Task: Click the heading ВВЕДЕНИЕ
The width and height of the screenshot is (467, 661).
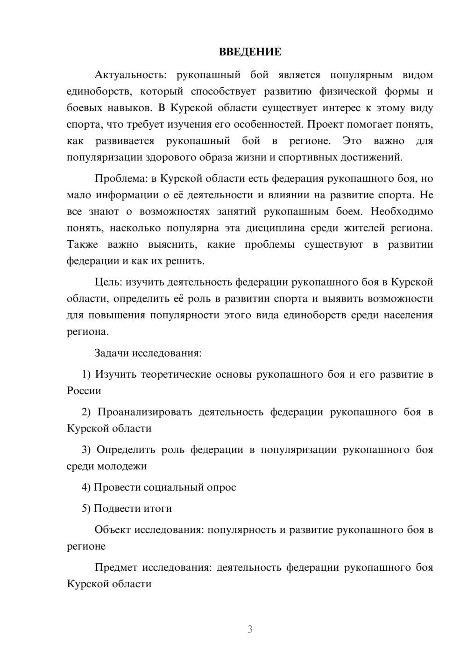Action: (250, 52)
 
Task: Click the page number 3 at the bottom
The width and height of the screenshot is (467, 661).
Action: (250, 629)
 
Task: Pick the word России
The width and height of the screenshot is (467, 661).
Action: (84, 390)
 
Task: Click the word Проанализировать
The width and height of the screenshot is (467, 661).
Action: (145, 412)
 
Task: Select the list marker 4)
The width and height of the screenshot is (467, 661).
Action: (86, 487)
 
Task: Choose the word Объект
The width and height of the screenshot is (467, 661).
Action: (112, 530)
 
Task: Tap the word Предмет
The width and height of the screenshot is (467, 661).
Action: (116, 567)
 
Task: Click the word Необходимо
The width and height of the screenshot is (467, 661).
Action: (402, 211)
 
